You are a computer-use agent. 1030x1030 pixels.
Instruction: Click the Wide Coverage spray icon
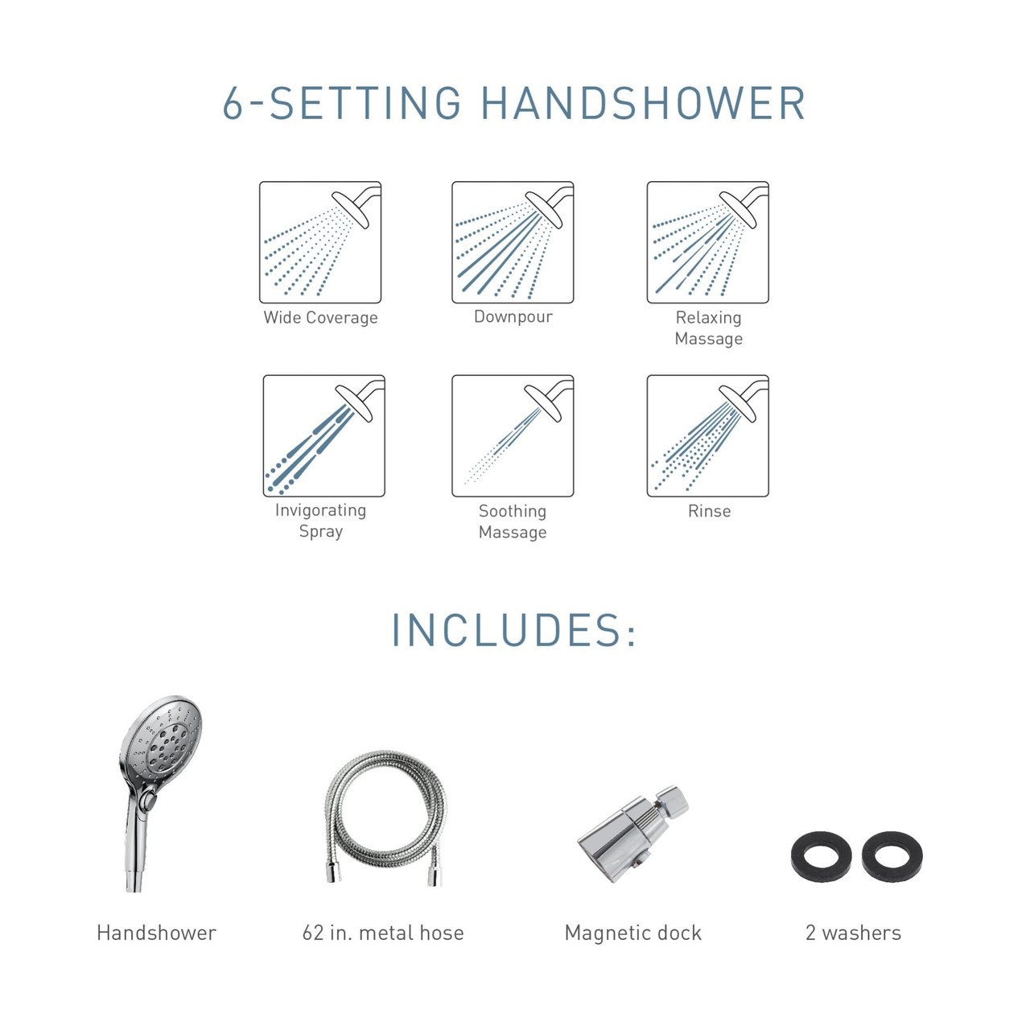pyautogui.click(x=320, y=242)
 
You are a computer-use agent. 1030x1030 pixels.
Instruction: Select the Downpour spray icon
pyautogui.click(x=513, y=242)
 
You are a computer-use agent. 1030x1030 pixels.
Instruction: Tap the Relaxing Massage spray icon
pyautogui.click(x=707, y=242)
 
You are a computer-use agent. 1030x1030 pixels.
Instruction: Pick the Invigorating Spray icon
pyautogui.click(x=323, y=435)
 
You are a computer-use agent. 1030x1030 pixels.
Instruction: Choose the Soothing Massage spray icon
pyautogui.click(x=513, y=435)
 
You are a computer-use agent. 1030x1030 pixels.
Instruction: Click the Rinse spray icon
pyautogui.click(x=707, y=435)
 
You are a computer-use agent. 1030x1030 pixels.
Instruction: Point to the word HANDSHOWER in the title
pyautogui.click(x=643, y=104)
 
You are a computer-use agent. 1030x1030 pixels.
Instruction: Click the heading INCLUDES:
pyautogui.click(x=514, y=630)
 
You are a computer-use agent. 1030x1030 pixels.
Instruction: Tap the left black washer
pyautogui.click(x=822, y=856)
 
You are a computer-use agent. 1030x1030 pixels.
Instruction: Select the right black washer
pyautogui.click(x=892, y=856)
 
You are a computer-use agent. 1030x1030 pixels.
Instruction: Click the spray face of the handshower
pyautogui.click(x=165, y=740)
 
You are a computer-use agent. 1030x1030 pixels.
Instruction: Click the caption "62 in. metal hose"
pyautogui.click(x=383, y=933)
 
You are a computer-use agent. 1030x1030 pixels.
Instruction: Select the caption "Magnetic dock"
pyautogui.click(x=633, y=933)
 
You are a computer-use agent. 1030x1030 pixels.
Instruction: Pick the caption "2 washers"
pyautogui.click(x=853, y=933)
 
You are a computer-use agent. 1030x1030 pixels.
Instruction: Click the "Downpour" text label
pyautogui.click(x=513, y=317)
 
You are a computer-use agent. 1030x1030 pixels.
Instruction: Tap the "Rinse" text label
pyautogui.click(x=709, y=511)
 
